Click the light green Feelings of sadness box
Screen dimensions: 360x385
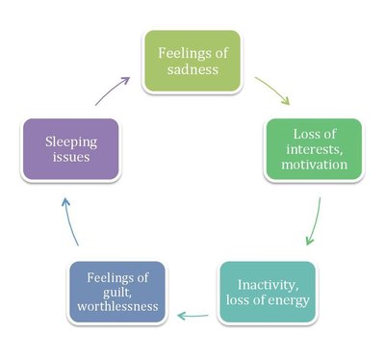pos(191,61)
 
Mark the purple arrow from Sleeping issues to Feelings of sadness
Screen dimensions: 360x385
pos(114,90)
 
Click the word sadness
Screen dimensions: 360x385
pos(191,70)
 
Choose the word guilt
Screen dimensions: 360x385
pos(106,294)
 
